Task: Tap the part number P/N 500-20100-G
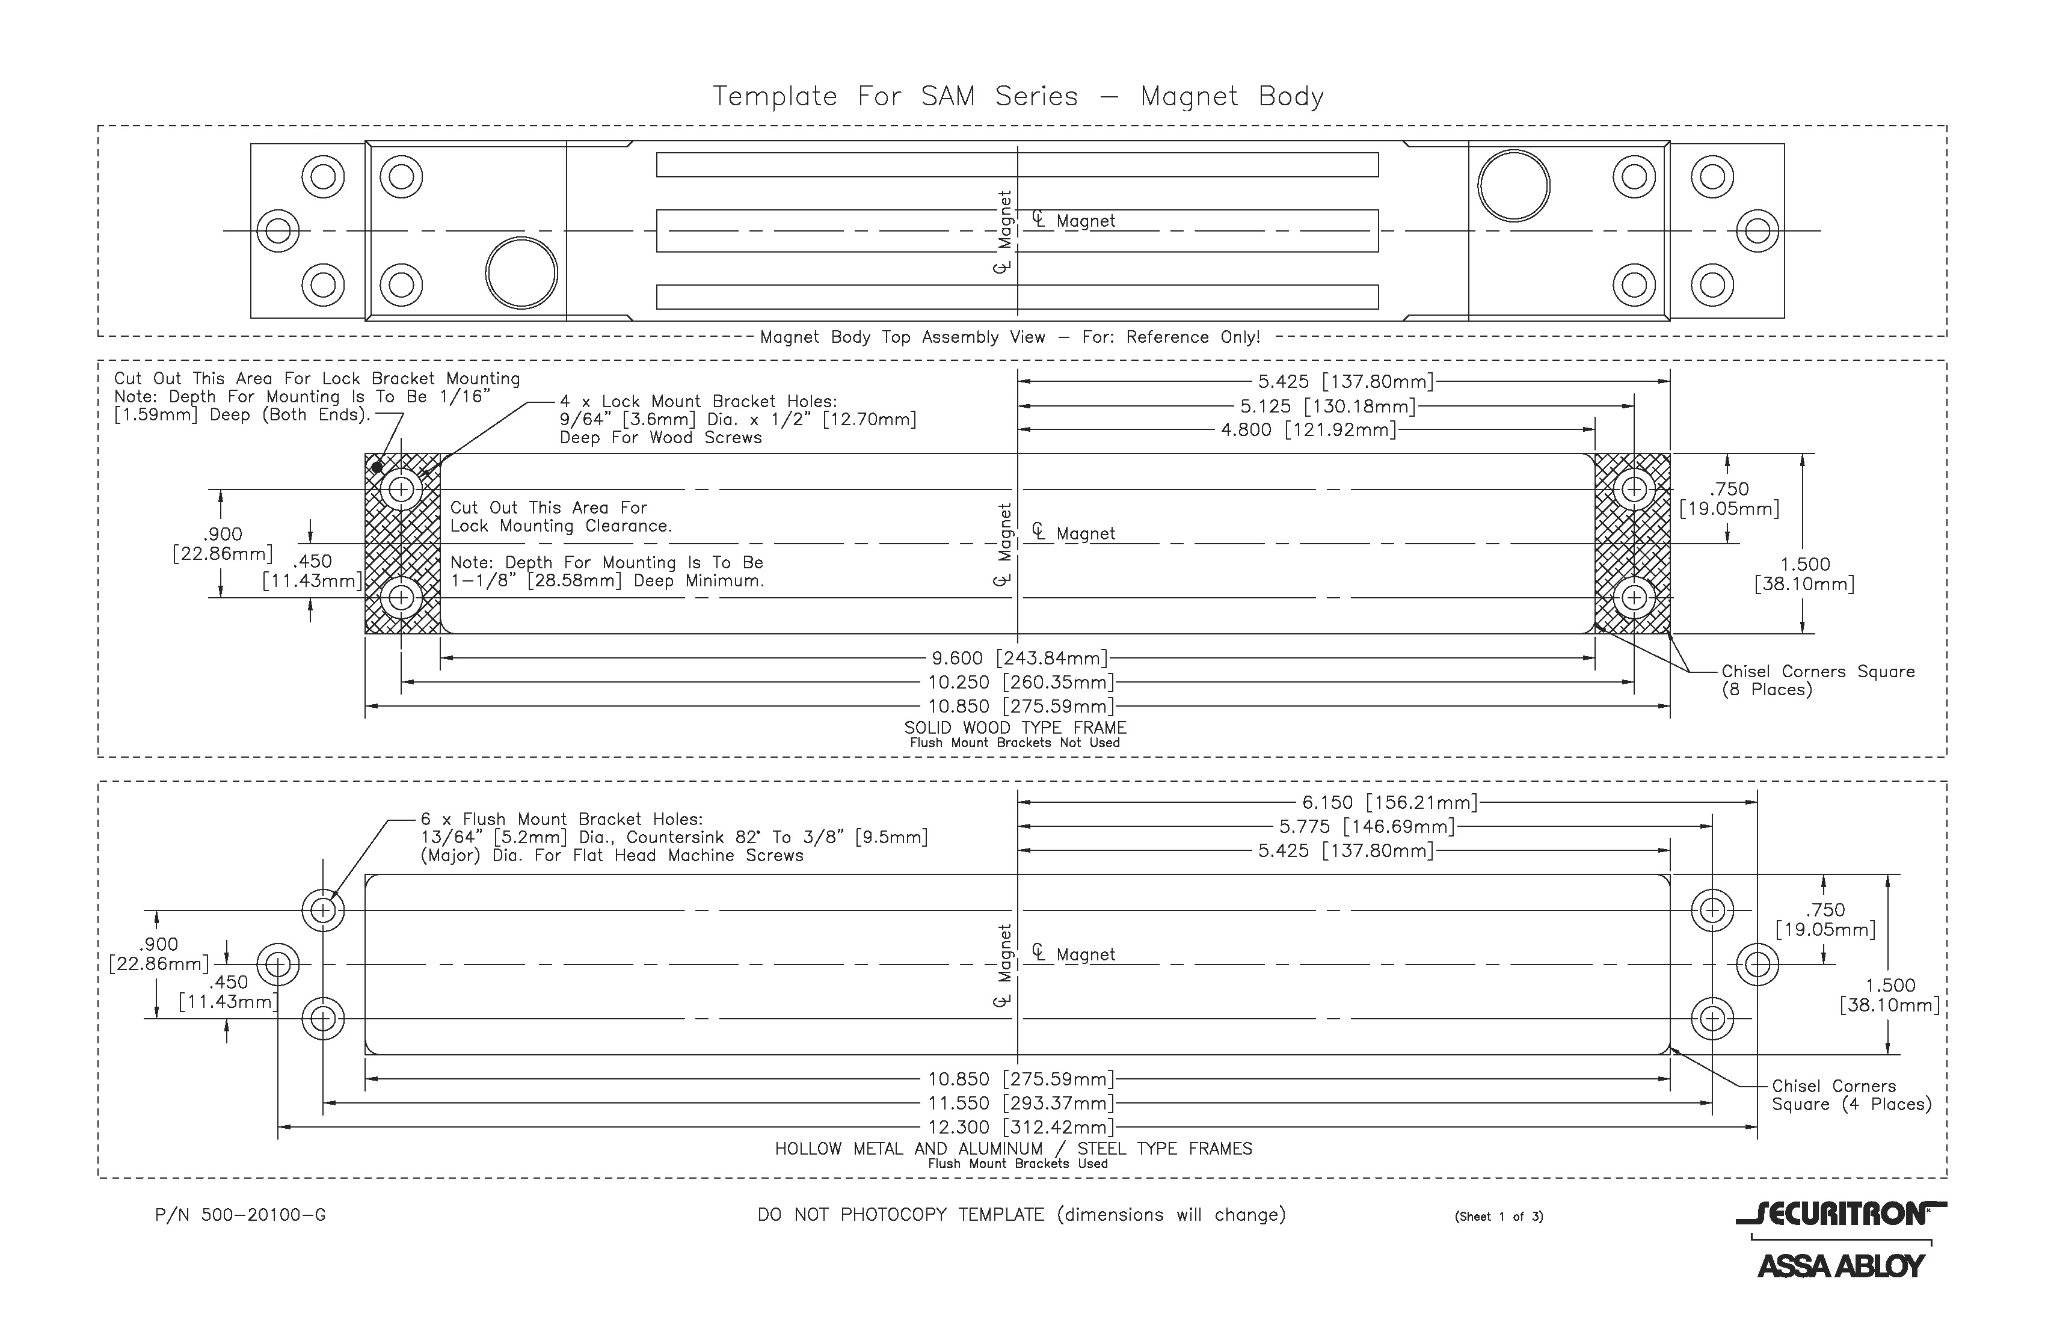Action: click(241, 1215)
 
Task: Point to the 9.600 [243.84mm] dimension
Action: click(1019, 658)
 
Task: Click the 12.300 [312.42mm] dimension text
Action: click(1020, 1126)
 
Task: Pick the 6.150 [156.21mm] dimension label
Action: click(1389, 802)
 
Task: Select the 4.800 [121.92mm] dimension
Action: click(1308, 429)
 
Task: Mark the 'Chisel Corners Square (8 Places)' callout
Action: click(1817, 680)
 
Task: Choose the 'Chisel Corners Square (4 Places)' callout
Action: click(1851, 1095)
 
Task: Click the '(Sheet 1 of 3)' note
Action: click(1498, 1217)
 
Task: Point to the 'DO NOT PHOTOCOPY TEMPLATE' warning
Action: click(1021, 1215)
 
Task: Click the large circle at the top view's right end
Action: click(1513, 186)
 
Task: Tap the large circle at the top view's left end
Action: click(521, 273)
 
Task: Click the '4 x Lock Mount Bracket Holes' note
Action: click(737, 419)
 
